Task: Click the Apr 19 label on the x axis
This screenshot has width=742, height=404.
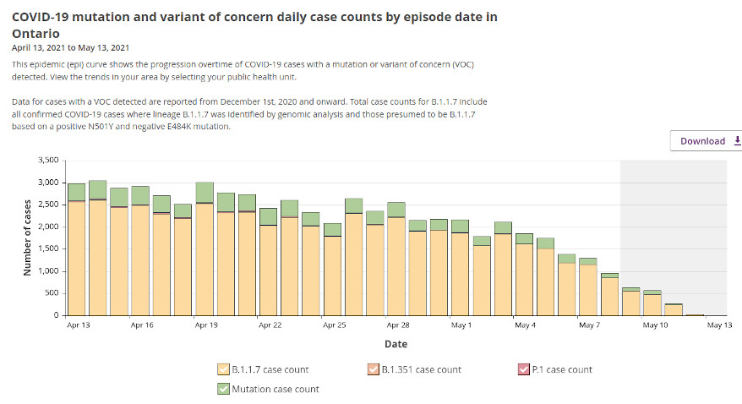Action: (x=206, y=325)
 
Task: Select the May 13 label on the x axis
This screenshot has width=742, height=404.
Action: (x=718, y=325)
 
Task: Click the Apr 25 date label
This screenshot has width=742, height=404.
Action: (x=335, y=325)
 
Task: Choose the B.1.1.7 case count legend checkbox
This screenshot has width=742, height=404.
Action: (x=222, y=369)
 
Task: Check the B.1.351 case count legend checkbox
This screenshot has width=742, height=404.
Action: (x=373, y=369)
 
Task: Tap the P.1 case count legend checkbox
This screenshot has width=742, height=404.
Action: (x=523, y=369)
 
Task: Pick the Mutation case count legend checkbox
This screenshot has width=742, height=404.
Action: (x=222, y=389)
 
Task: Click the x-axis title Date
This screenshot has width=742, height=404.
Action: (x=396, y=344)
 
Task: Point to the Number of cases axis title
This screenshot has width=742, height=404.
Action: (x=27, y=237)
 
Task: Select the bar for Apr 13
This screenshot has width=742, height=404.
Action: (x=76, y=254)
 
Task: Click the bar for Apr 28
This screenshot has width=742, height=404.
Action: (x=396, y=262)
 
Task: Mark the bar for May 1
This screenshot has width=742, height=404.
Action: (x=461, y=270)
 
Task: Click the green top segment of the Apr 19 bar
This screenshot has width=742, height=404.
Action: (x=205, y=193)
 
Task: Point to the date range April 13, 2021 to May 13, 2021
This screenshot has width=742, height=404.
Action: (x=71, y=47)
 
